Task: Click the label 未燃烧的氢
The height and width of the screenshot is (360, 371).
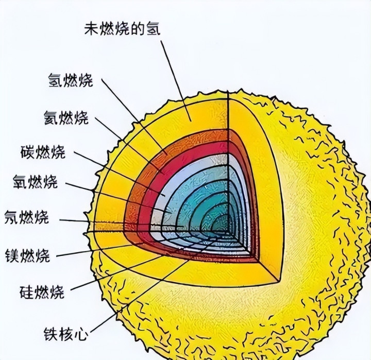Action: point(122,28)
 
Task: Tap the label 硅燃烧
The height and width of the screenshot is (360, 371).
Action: point(42,292)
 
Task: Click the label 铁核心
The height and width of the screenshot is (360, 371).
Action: point(64,333)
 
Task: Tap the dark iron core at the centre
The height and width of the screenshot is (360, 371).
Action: point(222,226)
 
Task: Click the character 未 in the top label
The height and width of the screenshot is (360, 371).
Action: point(91,28)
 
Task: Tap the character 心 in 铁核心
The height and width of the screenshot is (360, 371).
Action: point(80,333)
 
